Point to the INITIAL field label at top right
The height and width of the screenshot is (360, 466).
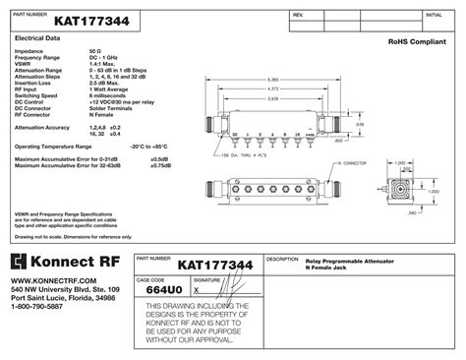[434, 17]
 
